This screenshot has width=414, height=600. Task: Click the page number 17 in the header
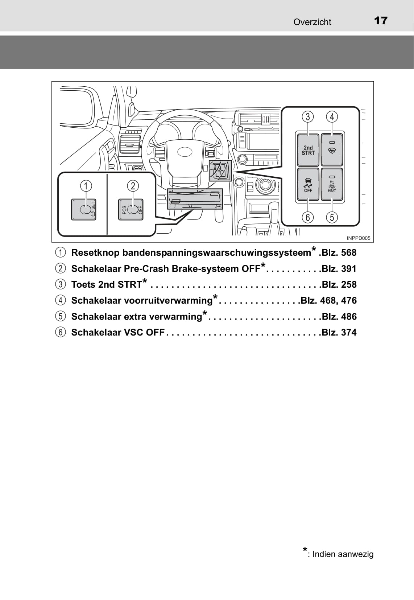pos(380,21)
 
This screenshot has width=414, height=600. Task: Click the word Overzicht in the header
pos(312,22)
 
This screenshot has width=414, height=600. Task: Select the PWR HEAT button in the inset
pos(332,185)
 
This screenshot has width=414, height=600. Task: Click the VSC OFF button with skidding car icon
pos(308,185)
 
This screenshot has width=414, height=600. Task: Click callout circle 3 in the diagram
pos(308,117)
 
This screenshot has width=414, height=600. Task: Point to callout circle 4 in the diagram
pos(332,117)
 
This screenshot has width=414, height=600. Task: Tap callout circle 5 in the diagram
pos(332,217)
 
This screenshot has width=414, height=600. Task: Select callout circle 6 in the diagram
pos(308,217)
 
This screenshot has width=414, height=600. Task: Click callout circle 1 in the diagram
pos(86,186)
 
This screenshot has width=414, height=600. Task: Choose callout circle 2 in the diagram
pos(133,186)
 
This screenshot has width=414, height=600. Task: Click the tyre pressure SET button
pos(84,209)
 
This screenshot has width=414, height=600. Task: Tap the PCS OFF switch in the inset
pos(131,209)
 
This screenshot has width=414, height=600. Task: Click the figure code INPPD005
pos(358,238)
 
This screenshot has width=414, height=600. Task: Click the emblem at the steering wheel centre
pos(185,152)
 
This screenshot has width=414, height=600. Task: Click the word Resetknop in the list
pos(95,253)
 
